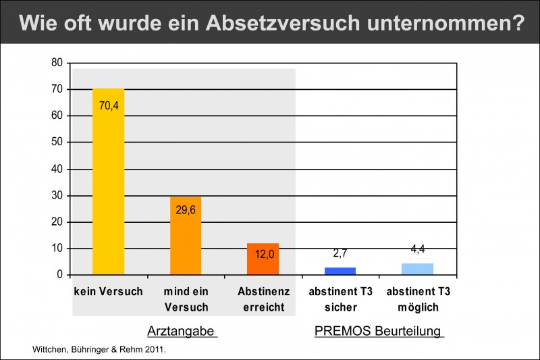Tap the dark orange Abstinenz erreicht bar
pyautogui.click(x=263, y=259)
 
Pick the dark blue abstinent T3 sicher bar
pyautogui.click(x=340, y=271)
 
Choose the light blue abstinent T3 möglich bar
pyautogui.click(x=417, y=269)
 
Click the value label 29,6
pyautogui.click(x=186, y=210)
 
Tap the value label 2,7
pyautogui.click(x=340, y=254)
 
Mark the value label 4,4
pyautogui.click(x=418, y=249)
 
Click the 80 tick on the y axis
pyautogui.click(x=57, y=63)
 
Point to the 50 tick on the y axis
pyautogui.click(x=57, y=143)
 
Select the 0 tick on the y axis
pyautogui.click(x=60, y=275)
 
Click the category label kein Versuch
pyautogui.click(x=109, y=292)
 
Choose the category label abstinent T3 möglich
pyautogui.click(x=418, y=299)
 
